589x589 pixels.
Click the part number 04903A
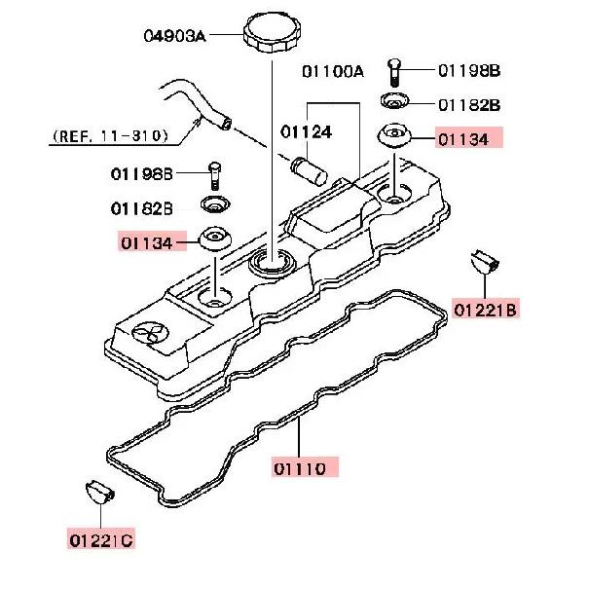point(174,37)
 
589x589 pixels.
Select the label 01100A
point(332,71)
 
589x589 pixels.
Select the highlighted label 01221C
point(101,538)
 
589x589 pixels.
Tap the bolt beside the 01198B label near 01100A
point(392,70)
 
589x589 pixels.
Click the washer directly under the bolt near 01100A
point(394,102)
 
